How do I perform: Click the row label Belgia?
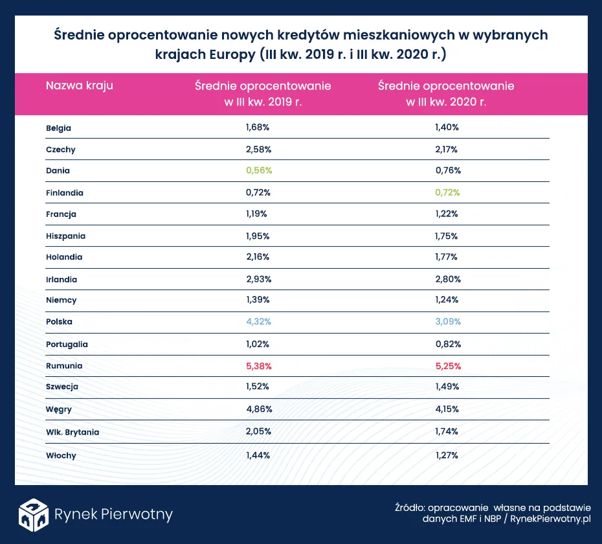(x=58, y=128)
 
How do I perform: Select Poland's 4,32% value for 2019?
(x=258, y=322)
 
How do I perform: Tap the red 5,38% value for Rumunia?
(x=258, y=366)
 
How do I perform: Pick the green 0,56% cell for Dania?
(x=258, y=171)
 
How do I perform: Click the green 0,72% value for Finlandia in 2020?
(x=446, y=193)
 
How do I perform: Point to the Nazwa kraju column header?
(x=79, y=85)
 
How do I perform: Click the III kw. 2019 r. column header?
(x=263, y=94)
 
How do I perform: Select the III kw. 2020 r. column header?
(x=446, y=94)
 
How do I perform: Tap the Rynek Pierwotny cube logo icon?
(x=33, y=514)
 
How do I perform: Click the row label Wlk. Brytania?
(x=72, y=431)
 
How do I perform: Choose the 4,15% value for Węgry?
(x=446, y=409)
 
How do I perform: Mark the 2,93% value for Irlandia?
(x=258, y=279)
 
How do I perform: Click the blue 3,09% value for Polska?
(x=446, y=322)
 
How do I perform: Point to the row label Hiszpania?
(x=65, y=236)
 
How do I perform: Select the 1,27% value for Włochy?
(x=446, y=455)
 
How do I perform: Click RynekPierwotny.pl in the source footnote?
(x=552, y=519)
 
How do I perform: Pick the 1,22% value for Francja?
(x=446, y=214)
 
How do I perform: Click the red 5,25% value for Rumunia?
(x=446, y=366)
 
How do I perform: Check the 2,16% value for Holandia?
(x=258, y=257)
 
